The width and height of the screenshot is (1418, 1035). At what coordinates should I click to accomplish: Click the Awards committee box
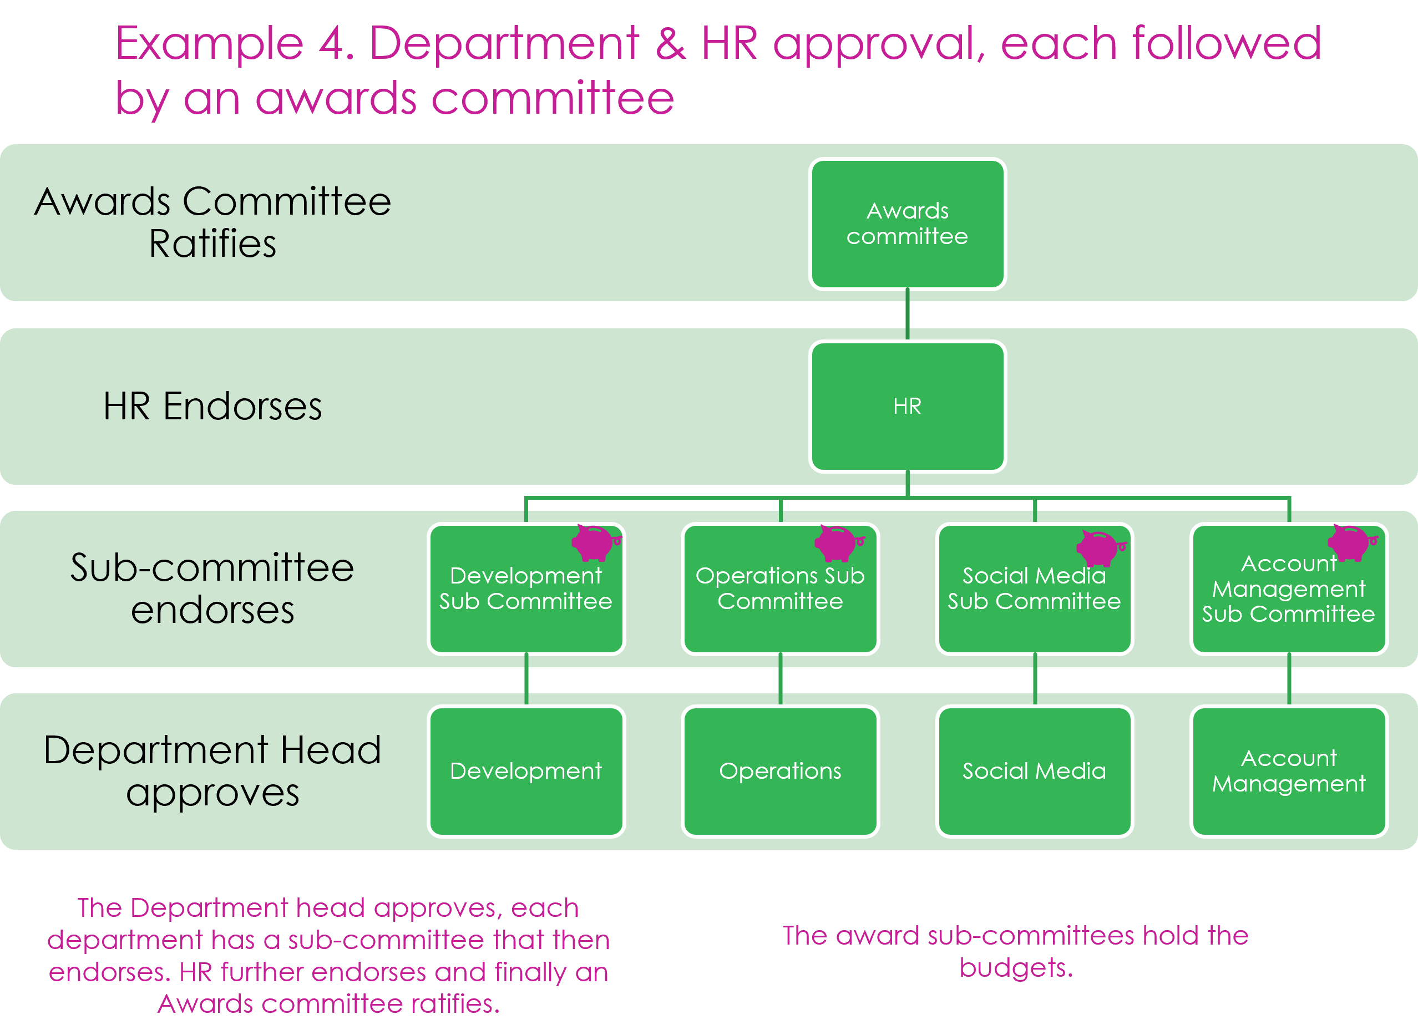point(907,224)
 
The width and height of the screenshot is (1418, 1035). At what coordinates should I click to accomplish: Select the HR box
point(907,406)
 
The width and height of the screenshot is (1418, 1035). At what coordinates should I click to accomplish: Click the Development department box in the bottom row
point(526,770)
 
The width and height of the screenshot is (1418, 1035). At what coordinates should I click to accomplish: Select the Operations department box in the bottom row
point(780,770)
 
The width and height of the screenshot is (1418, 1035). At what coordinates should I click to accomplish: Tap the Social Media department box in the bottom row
point(1034,770)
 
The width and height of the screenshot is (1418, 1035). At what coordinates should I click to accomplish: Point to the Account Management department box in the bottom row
point(1288,770)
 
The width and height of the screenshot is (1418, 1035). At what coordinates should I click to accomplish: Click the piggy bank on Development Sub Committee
point(594,542)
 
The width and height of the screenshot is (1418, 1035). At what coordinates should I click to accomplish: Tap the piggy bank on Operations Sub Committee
point(838,542)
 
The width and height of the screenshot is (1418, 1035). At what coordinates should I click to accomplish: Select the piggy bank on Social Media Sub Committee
point(1100,547)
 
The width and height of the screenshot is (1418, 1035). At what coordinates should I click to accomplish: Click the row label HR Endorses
point(212,406)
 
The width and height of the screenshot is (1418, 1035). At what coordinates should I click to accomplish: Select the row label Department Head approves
point(212,770)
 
